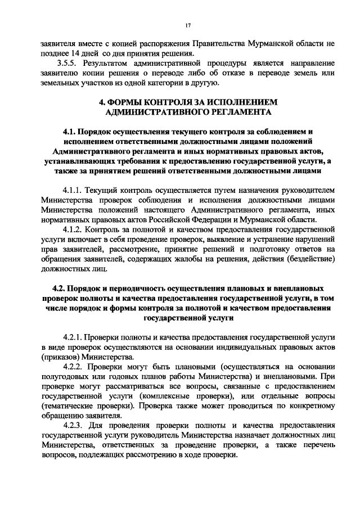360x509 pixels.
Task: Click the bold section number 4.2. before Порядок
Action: pos(60,288)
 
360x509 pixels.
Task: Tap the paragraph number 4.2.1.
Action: pos(73,336)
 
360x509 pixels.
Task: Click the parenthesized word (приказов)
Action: pos(60,357)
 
